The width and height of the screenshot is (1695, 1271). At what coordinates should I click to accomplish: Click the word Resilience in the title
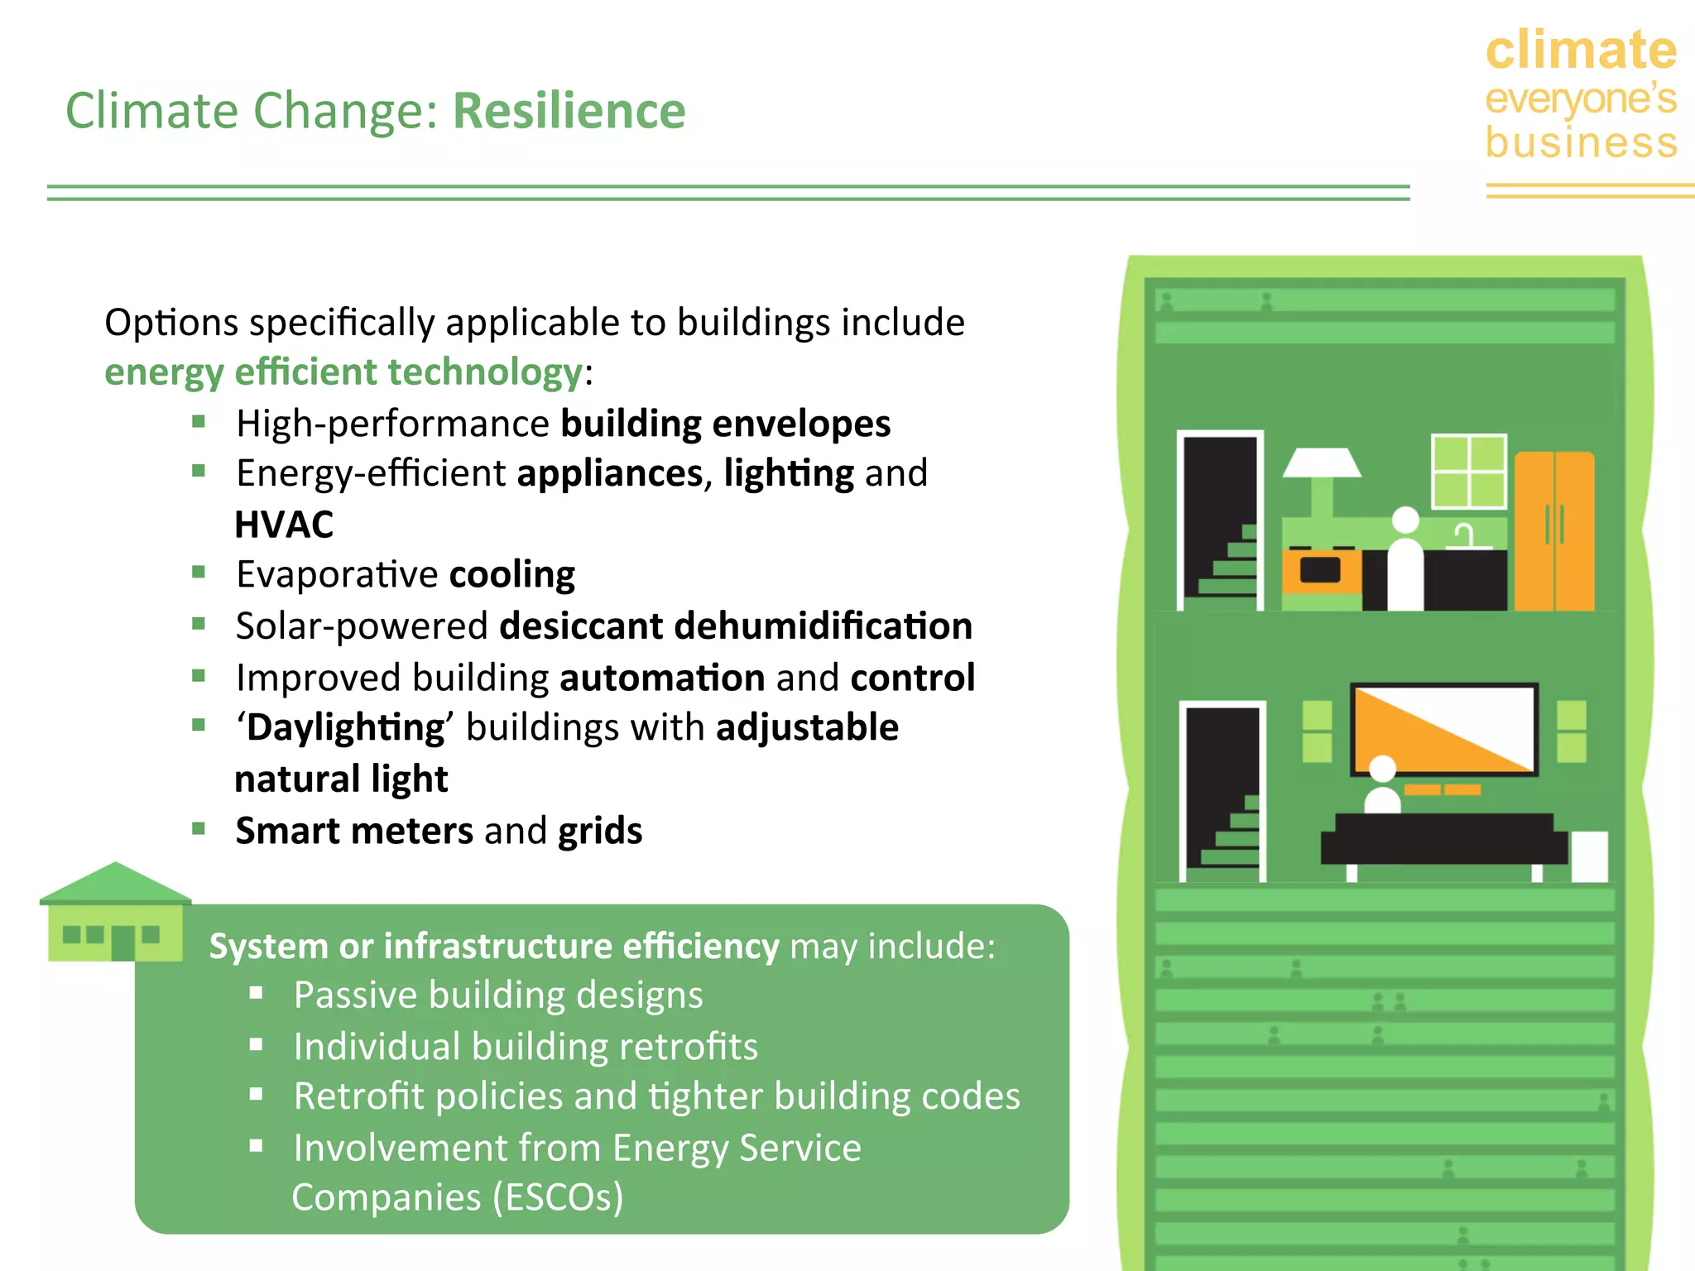[569, 111]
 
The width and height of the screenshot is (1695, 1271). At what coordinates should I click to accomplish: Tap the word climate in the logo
[1580, 50]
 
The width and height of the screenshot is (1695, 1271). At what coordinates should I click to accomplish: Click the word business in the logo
[1581, 142]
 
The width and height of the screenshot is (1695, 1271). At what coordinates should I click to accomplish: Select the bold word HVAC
[284, 525]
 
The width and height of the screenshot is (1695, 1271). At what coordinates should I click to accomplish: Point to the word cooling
[511, 574]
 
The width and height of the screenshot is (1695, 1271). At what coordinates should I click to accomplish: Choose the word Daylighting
[346, 727]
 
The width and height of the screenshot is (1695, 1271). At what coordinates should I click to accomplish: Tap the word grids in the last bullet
[600, 831]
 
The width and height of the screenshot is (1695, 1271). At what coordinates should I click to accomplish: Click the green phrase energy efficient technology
[343, 372]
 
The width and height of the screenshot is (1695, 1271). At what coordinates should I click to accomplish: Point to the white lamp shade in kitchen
[1322, 463]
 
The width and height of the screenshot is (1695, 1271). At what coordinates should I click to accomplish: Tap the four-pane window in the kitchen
[1468, 472]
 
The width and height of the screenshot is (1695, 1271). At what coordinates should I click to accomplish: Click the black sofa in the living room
[1443, 839]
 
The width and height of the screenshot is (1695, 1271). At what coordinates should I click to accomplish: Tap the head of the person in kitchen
[1405, 520]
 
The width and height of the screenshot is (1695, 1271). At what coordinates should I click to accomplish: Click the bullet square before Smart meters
[199, 828]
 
